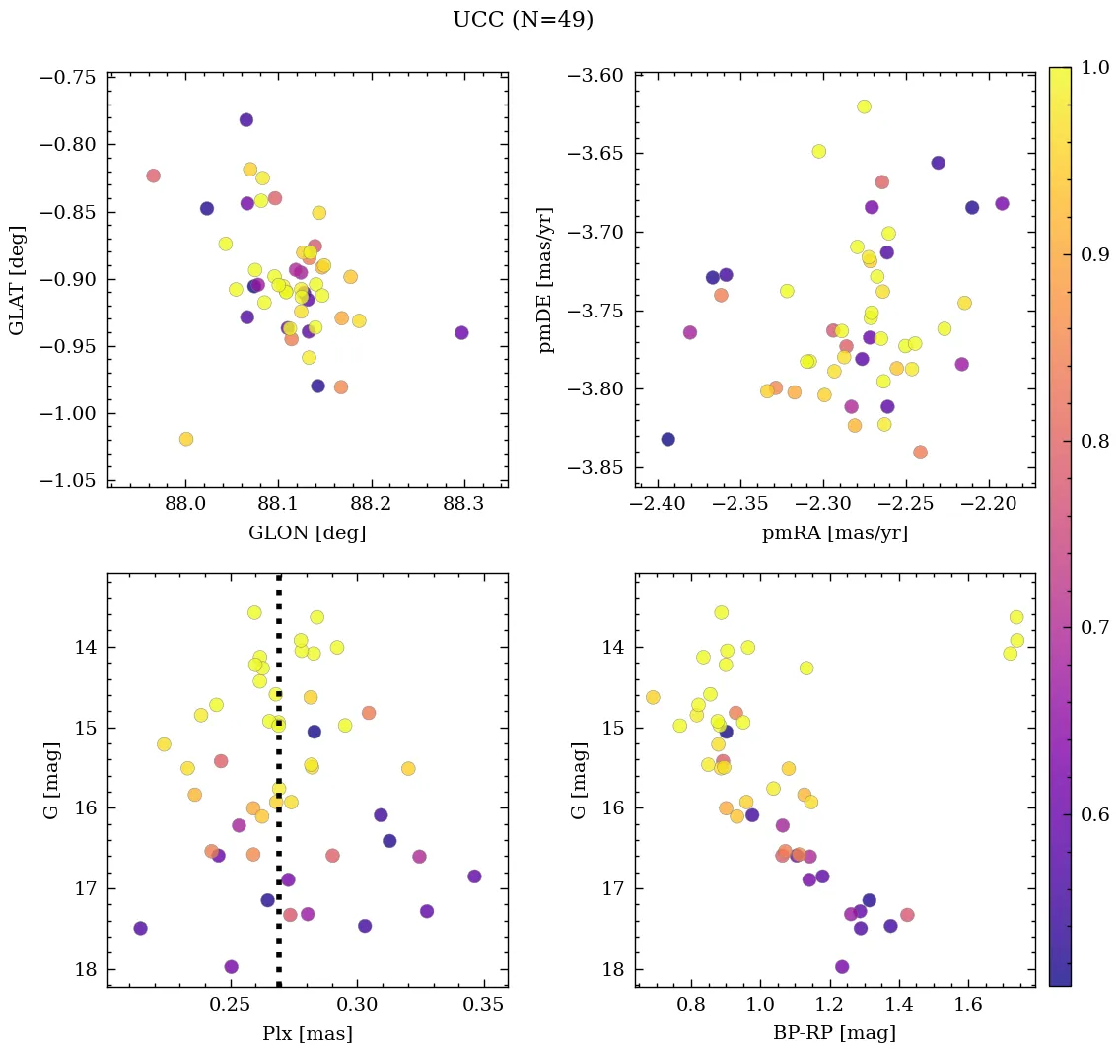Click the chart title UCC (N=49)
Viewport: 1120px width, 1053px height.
[x=523, y=20]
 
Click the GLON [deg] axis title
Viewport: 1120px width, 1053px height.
[x=308, y=533]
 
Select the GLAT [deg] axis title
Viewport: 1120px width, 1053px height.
[x=17, y=279]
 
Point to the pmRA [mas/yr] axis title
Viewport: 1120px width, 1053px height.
[x=835, y=533]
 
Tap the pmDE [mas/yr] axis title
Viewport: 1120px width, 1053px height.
[x=545, y=279]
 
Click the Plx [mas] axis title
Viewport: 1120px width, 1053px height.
[x=308, y=1034]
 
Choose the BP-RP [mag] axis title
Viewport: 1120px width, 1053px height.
[x=835, y=1034]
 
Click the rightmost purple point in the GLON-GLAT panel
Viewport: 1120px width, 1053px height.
[x=461, y=332]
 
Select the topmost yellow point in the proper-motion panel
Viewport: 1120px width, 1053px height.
[x=864, y=106]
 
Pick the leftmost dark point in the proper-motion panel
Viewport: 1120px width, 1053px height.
[x=667, y=439]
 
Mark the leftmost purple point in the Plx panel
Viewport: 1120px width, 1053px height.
[x=140, y=928]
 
